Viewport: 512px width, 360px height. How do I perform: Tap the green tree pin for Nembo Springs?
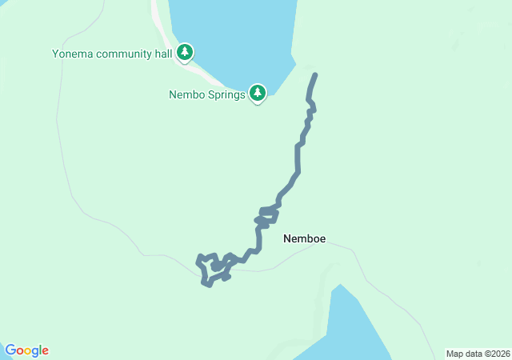[x=258, y=94]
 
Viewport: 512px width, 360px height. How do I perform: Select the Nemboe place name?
[x=304, y=238]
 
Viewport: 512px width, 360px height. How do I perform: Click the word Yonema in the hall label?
[x=71, y=54]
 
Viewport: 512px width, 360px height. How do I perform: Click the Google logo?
[x=26, y=350]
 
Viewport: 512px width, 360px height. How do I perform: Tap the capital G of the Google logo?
[x=10, y=350]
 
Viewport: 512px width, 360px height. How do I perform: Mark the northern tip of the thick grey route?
[x=315, y=75]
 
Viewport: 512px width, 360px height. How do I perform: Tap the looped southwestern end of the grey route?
[x=210, y=270]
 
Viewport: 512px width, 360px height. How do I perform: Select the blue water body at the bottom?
[x=352, y=328]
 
